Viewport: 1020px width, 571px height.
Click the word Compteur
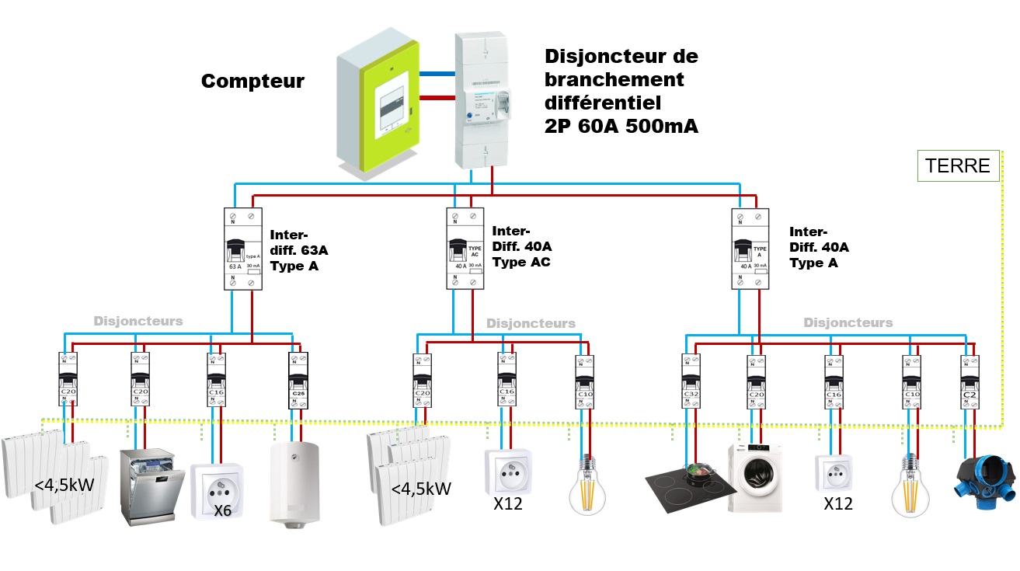[x=252, y=82]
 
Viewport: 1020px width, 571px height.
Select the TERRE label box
[x=957, y=165]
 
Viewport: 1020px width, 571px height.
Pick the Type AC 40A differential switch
[x=465, y=249]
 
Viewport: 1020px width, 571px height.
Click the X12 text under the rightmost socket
[x=838, y=504]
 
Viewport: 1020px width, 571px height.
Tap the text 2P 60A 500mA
[x=621, y=127]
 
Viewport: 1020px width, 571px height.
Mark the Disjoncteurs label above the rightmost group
[x=848, y=322]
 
